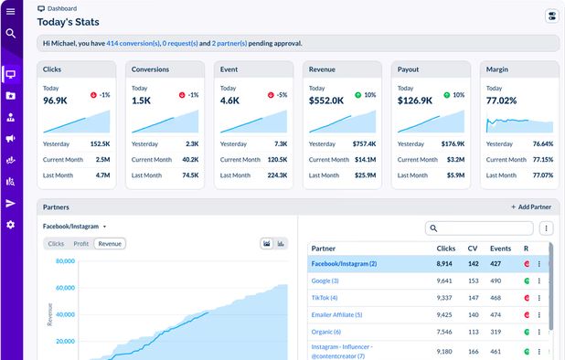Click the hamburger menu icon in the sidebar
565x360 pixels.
[11, 11]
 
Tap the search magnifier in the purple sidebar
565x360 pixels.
[11, 34]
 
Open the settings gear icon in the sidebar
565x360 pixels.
[11, 225]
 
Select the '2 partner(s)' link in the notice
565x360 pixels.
[229, 43]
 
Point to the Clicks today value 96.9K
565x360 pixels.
[57, 101]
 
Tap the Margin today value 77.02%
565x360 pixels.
[504, 101]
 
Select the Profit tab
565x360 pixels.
[81, 244]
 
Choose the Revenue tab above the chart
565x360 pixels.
[110, 244]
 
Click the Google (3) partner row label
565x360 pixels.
[325, 281]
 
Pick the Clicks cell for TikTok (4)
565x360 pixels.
[444, 297]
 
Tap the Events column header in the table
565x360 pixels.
[500, 248]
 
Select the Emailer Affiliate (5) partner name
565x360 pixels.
[337, 314]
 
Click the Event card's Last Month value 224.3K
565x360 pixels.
[276, 175]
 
